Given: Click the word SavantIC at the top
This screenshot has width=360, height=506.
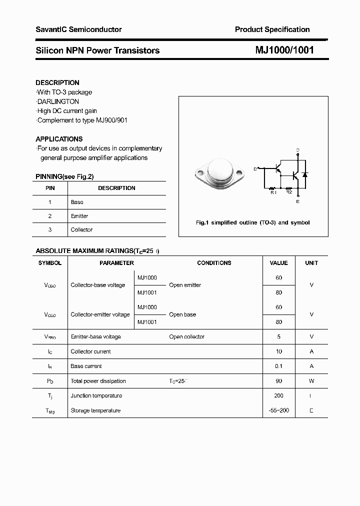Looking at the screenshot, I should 51,29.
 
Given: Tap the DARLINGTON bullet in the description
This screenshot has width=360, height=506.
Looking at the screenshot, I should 58,101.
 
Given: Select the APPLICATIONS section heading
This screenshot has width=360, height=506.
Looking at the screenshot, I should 59,139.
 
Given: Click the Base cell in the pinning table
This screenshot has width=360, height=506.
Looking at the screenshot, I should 77,202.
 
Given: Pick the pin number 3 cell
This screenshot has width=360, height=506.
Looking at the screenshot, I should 49,229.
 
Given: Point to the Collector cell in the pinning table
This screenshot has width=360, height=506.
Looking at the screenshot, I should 81,229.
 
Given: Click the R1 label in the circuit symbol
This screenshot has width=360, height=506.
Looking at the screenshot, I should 272,192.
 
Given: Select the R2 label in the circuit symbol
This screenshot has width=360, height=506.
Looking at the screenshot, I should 288,192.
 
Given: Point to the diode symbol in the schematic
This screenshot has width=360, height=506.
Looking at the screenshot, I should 305,175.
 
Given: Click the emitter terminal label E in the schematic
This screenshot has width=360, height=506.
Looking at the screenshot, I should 298,201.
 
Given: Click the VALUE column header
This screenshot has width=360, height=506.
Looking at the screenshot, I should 278,262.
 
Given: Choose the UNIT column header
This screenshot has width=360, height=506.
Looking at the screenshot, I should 311,262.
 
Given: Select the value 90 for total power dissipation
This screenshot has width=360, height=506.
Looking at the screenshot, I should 278,381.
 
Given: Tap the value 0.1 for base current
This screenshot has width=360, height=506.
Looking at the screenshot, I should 278,366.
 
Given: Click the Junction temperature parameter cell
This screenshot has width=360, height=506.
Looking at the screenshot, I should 96,395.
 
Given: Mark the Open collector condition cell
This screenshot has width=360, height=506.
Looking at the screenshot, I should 186,336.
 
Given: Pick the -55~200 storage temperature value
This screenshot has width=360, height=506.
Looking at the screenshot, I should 278,410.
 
